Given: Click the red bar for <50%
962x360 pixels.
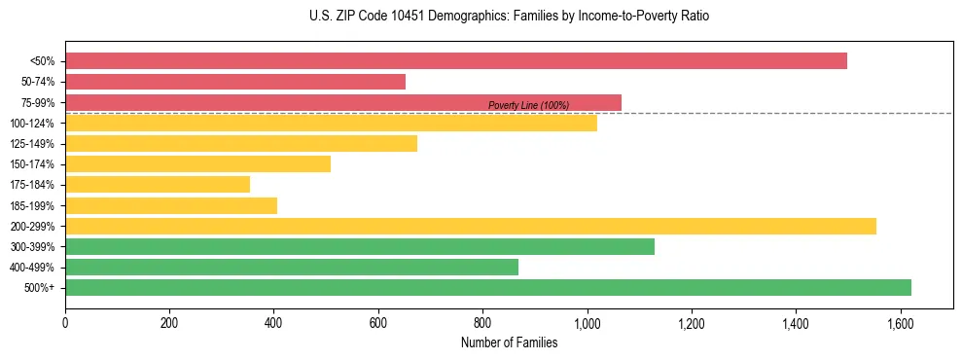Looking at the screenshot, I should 455,61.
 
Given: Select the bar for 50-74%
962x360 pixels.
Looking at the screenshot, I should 235,82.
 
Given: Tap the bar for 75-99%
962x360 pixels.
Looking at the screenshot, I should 342,102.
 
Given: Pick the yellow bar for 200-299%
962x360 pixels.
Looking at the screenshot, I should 471,226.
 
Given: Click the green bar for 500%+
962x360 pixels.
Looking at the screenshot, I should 488,287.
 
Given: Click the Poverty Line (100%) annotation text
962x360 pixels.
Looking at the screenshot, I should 528,105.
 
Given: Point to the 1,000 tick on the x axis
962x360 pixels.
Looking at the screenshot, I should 587,323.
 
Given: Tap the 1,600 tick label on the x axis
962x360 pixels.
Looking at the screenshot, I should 900,323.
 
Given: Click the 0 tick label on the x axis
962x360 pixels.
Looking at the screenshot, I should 65,323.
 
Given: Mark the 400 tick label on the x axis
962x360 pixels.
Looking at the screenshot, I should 273,323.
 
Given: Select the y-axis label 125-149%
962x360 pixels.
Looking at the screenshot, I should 32,144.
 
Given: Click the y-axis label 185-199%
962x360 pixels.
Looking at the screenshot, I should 32,205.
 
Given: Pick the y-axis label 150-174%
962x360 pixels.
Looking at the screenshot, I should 32,164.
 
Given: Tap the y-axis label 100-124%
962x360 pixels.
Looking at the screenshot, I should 32,124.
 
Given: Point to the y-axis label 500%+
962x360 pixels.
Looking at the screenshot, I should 40,288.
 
